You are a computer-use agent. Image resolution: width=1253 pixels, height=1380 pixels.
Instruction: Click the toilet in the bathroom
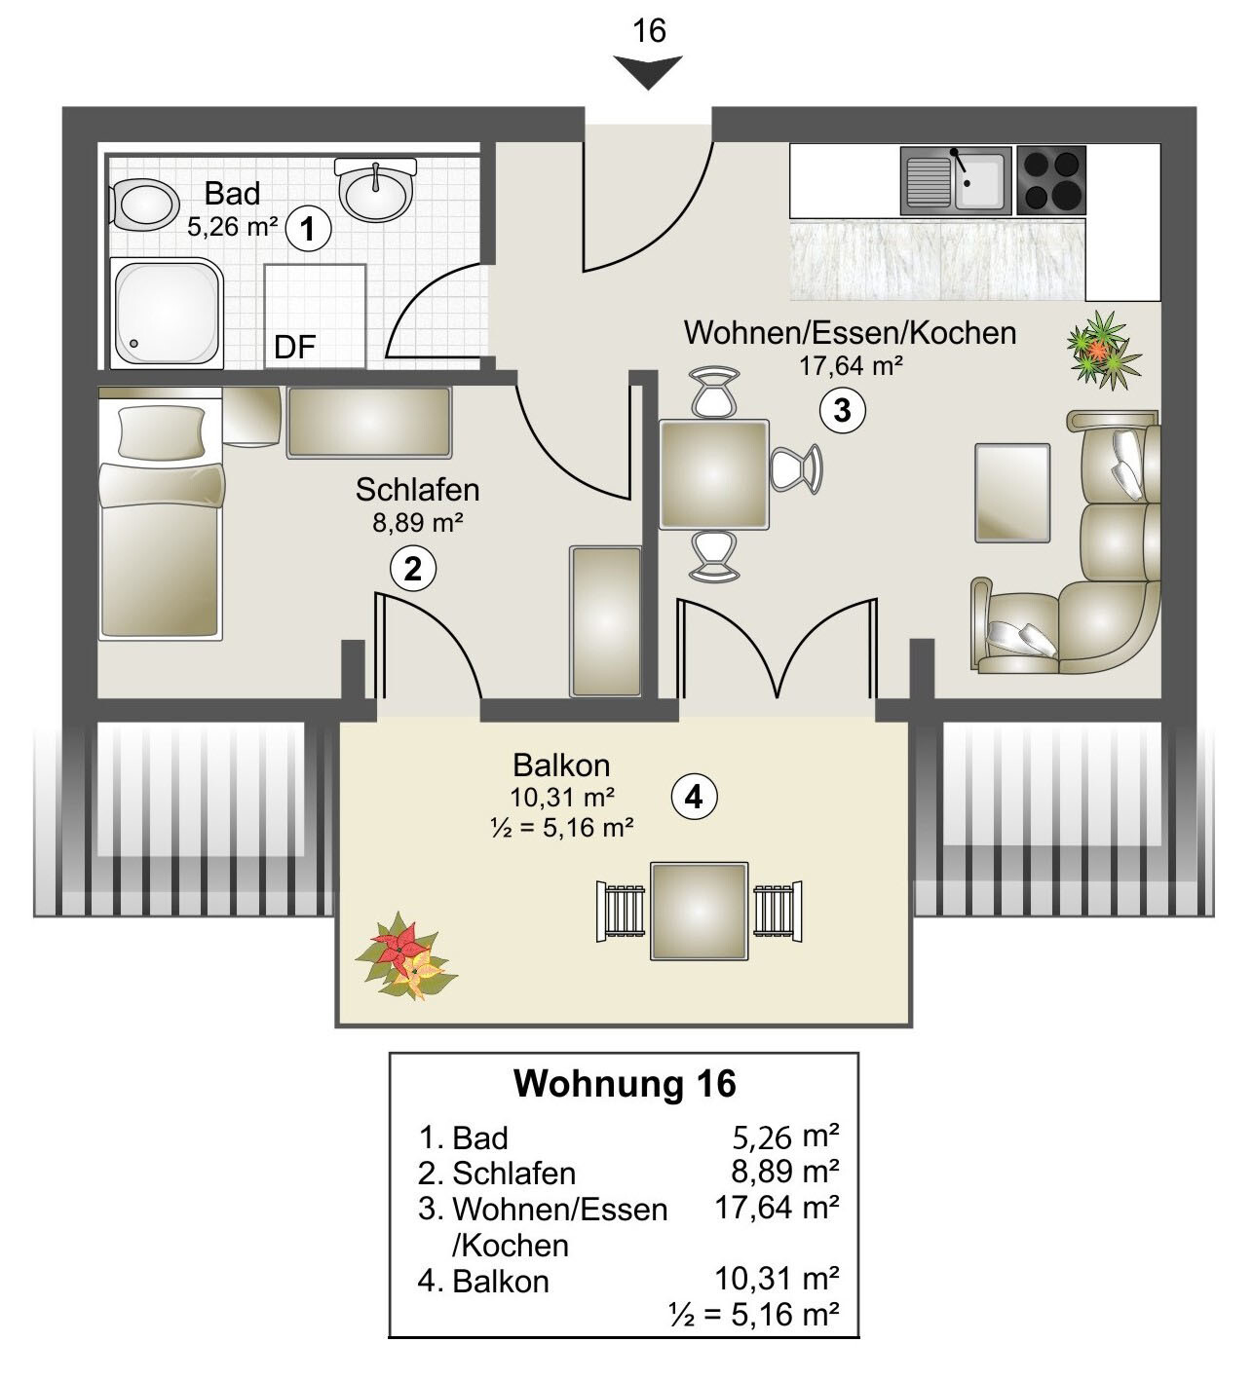click(x=143, y=205)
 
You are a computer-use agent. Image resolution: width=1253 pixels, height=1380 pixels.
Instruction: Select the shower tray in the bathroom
click(x=167, y=314)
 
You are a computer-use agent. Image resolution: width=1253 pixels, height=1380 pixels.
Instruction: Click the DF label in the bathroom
click(x=294, y=348)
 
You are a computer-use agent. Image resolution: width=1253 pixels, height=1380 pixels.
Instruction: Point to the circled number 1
click(x=308, y=229)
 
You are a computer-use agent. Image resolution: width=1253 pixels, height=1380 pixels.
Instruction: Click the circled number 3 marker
click(x=843, y=411)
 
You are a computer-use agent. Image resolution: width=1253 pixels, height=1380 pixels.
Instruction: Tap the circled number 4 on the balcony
click(x=694, y=798)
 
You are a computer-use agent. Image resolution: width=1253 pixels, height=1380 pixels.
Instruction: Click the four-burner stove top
click(x=1051, y=180)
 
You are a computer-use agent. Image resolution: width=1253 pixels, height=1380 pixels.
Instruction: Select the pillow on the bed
click(x=162, y=432)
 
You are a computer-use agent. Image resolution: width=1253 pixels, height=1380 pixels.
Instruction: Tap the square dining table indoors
click(x=714, y=474)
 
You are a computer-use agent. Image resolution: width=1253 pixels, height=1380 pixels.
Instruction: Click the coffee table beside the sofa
click(x=1012, y=493)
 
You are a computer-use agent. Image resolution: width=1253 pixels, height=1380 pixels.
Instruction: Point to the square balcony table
click(x=699, y=912)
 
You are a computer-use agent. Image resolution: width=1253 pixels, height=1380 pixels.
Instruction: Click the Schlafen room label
click(x=417, y=490)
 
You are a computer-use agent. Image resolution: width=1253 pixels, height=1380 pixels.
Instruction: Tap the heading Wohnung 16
click(x=626, y=1084)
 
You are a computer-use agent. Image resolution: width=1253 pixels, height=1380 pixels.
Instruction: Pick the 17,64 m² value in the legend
click(x=777, y=1208)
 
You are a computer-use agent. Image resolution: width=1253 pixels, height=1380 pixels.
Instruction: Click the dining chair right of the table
click(x=796, y=468)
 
